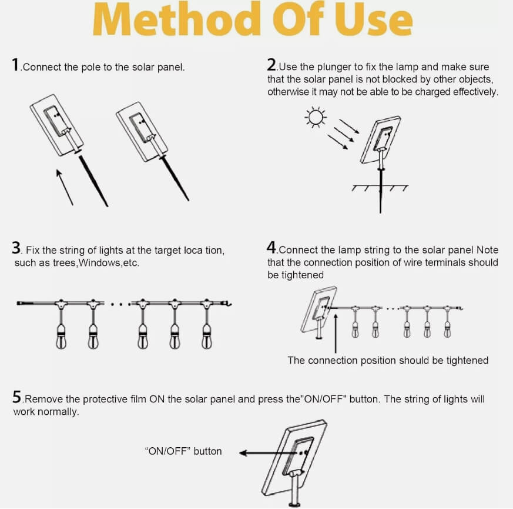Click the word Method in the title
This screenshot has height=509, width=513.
click(177, 18)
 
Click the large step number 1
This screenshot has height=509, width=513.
click(15, 64)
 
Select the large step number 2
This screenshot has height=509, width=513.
click(271, 64)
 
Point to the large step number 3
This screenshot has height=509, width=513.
click(16, 248)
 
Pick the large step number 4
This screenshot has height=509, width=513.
click(271, 247)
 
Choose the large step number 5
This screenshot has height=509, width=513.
click(16, 397)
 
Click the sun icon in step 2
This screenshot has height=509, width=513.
click(316, 117)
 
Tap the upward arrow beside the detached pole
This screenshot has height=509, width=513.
click(65, 187)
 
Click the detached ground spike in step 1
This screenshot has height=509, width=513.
click(93, 181)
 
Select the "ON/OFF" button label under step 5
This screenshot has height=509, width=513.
click(183, 451)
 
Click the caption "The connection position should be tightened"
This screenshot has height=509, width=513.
click(388, 360)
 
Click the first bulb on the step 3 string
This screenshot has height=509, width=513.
click(61, 337)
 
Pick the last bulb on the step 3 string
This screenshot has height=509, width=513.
click(206, 337)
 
